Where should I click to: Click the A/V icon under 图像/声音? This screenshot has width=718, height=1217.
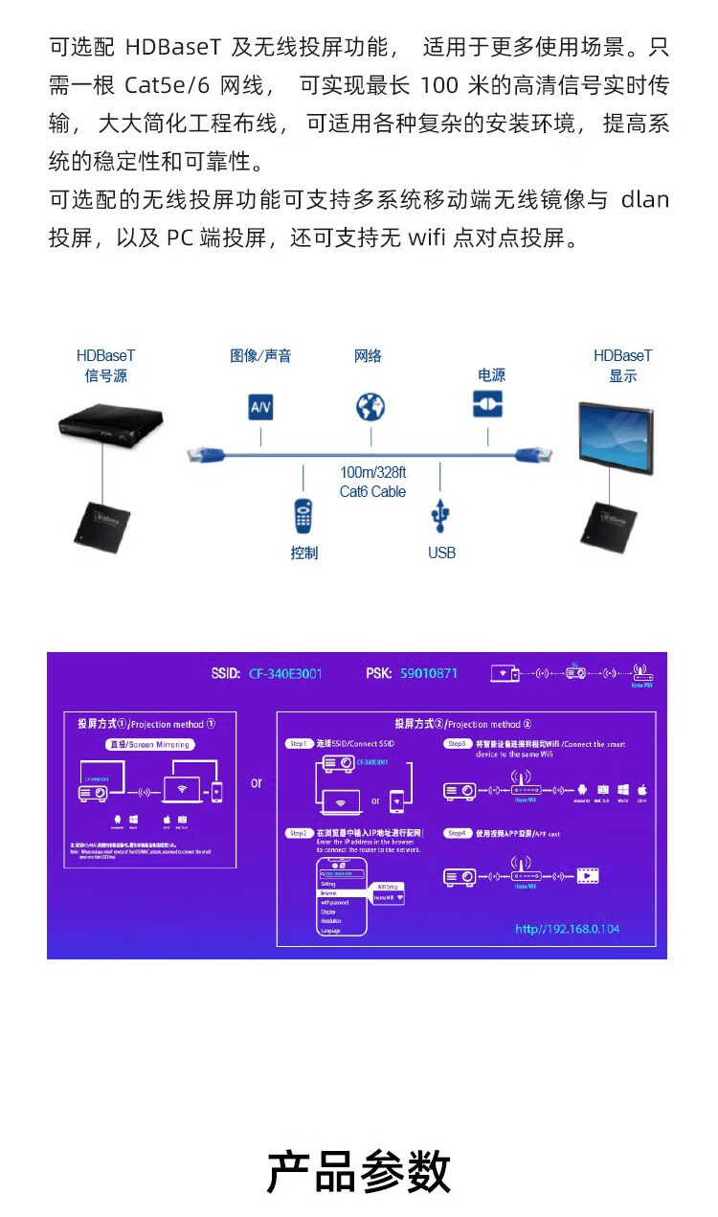tap(260, 407)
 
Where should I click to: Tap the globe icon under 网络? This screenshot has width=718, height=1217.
tap(370, 407)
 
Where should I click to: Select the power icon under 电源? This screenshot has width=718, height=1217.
tap(487, 403)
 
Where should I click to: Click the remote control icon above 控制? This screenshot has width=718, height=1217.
tap(303, 515)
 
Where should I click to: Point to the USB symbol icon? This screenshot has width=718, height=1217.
tap(440, 515)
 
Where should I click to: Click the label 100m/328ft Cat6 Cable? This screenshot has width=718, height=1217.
tap(372, 482)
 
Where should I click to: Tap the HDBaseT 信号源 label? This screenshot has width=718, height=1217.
tap(105, 366)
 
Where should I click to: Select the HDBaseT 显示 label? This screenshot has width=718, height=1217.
tap(622, 366)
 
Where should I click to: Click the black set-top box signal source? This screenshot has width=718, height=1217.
tap(109, 426)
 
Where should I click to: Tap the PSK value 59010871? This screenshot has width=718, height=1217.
tap(428, 673)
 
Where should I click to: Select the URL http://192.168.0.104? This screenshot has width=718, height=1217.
tap(567, 929)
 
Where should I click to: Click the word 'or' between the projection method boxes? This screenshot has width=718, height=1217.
tap(257, 782)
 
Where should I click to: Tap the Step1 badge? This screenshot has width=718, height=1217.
tap(299, 744)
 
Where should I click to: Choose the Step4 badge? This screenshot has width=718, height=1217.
tap(458, 834)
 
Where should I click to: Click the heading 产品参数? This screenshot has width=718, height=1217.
tap(358, 1172)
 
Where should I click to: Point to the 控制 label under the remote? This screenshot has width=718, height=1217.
tap(303, 552)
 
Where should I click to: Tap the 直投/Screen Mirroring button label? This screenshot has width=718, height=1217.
tap(147, 744)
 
